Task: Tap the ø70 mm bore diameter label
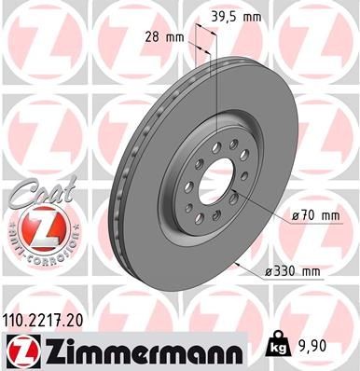[314, 215]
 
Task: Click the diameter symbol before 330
[268, 271]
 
